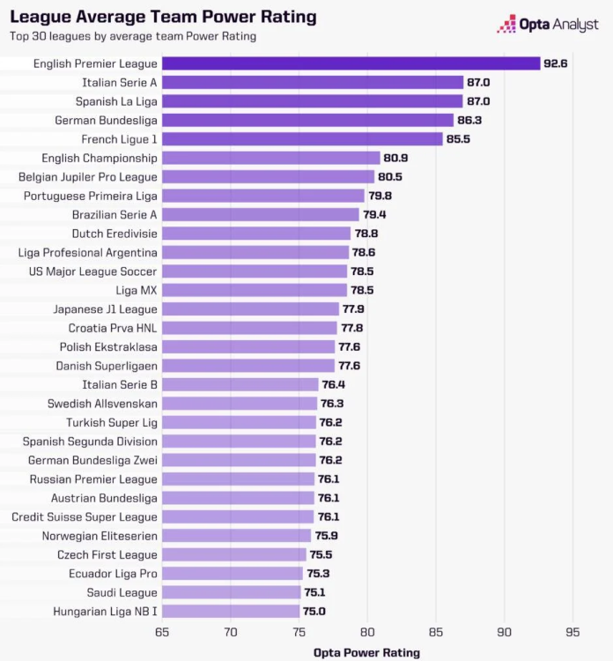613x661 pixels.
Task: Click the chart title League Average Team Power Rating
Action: tap(163, 17)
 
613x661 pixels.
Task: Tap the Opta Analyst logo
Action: tap(547, 25)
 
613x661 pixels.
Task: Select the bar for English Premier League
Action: tap(351, 63)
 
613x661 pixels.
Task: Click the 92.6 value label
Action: tap(558, 63)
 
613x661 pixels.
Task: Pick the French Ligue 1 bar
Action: tap(302, 139)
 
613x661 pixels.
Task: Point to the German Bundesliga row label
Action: tap(106, 120)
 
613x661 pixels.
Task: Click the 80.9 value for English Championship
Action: tap(395, 158)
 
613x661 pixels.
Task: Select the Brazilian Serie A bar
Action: tap(261, 214)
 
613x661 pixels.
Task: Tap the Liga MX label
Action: tap(137, 290)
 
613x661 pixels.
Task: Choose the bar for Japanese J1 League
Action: tap(250, 309)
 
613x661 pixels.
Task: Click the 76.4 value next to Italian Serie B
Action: tap(334, 384)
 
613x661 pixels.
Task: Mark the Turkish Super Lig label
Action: tap(112, 422)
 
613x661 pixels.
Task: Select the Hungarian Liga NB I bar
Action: tap(231, 611)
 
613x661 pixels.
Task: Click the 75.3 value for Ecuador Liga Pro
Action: tap(318, 573)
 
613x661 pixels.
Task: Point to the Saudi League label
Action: tap(122, 592)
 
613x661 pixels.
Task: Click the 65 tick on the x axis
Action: tap(162, 631)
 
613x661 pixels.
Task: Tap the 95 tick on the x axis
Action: tap(572, 631)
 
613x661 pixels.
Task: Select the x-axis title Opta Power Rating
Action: tap(366, 652)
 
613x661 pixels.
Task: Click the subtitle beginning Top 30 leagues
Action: tap(133, 36)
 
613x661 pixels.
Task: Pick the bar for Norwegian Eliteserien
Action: tap(236, 535)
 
